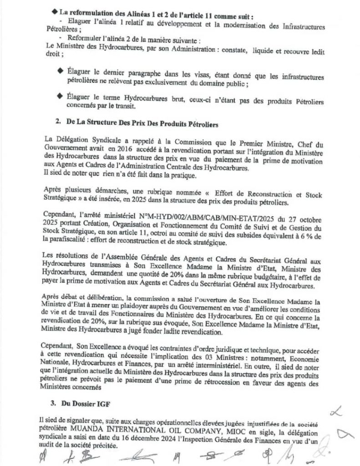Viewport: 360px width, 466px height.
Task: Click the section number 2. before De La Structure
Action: coord(58,123)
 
